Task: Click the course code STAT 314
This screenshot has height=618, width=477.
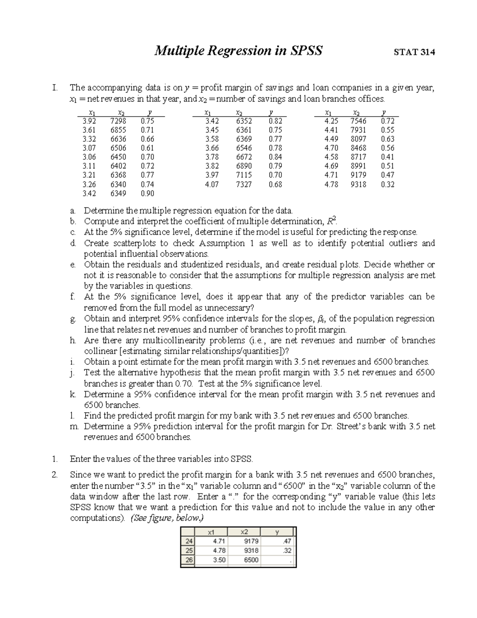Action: (414, 52)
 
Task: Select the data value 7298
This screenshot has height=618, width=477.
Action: (118, 121)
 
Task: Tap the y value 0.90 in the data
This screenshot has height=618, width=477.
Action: (147, 194)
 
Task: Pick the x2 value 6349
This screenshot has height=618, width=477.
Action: (118, 194)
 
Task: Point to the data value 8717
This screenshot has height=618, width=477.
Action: (358, 157)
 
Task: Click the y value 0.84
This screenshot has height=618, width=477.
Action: (275, 157)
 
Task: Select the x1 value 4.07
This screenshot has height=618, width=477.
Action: (211, 185)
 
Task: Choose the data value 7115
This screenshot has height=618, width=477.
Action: (244, 175)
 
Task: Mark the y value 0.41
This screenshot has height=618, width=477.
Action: (388, 157)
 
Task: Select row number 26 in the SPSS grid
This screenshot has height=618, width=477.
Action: (188, 560)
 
